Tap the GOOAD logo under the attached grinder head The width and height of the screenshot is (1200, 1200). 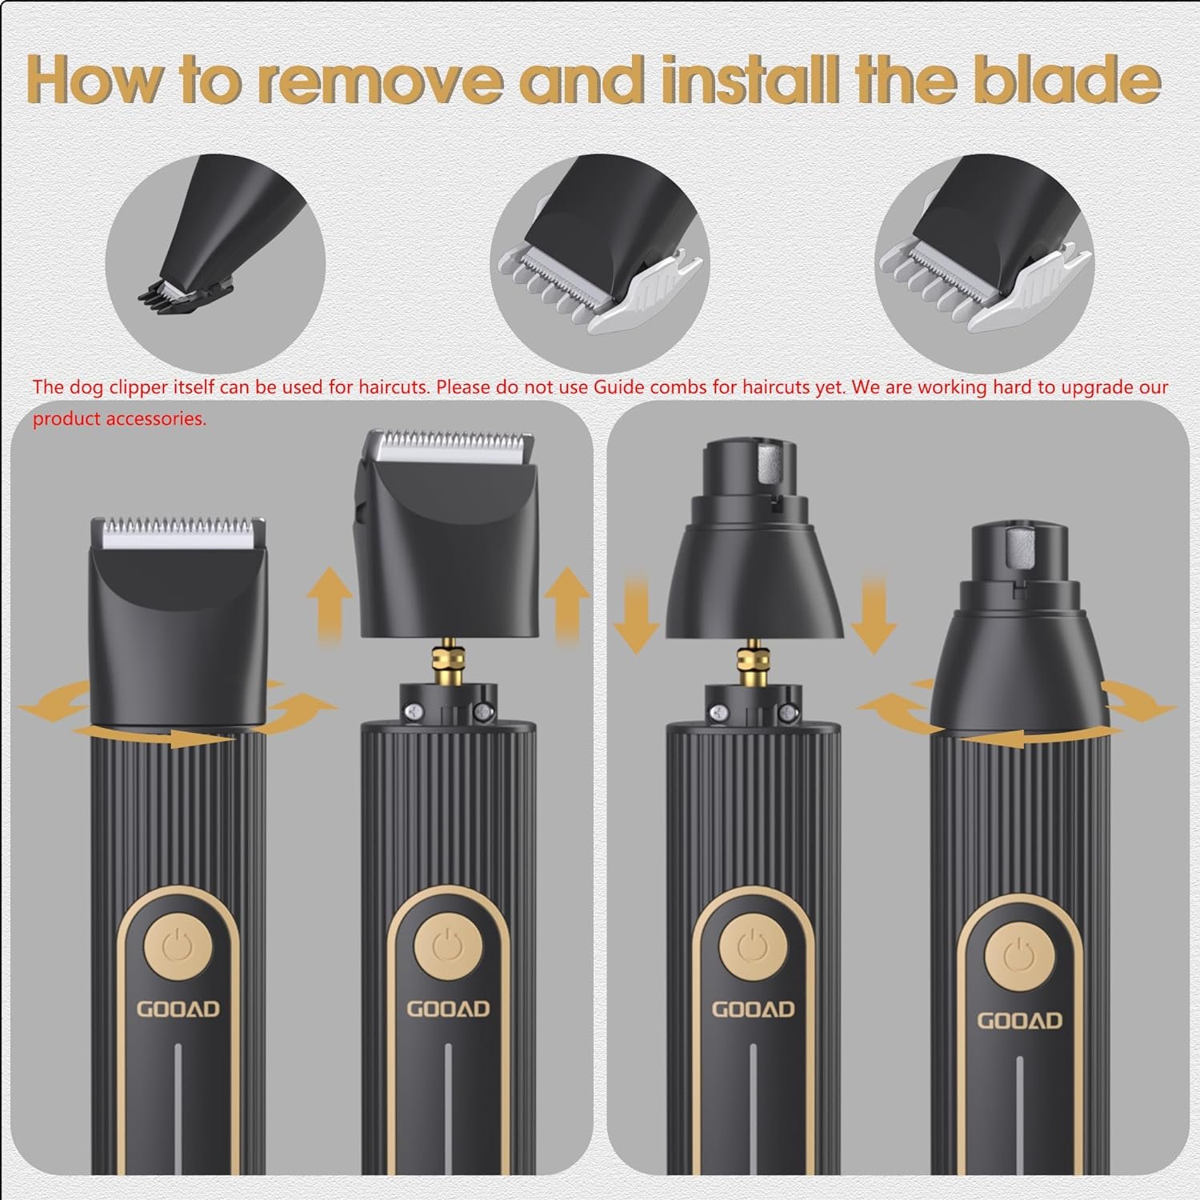click(1020, 1020)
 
